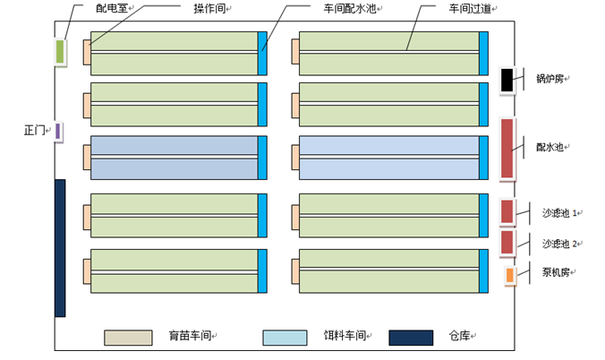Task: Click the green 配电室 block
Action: coord(60,52)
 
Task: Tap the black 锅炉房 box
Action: coord(507,81)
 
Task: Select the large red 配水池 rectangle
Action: coord(507,148)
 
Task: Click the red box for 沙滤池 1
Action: coord(507,211)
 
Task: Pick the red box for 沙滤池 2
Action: coord(507,242)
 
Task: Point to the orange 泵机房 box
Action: coord(509,275)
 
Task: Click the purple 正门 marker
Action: coord(58,131)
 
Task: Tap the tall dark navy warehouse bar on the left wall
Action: coord(60,247)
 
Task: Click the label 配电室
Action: coord(111,8)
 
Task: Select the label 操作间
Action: coord(209,8)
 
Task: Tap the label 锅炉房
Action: coord(549,79)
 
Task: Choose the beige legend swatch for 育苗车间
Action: coord(130,338)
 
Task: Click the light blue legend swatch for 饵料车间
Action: coord(286,338)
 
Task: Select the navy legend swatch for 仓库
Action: coord(411,338)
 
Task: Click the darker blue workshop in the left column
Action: coord(174,158)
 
